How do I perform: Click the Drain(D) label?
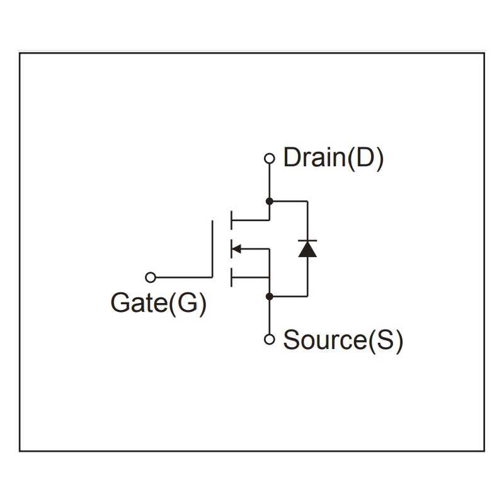(x=333, y=157)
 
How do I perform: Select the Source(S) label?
(x=343, y=340)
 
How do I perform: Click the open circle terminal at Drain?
(x=270, y=158)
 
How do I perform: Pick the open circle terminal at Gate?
(x=150, y=277)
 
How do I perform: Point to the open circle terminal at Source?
(x=270, y=340)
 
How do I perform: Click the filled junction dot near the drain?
(x=270, y=202)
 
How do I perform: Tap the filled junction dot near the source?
(x=270, y=295)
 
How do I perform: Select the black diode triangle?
(x=307, y=249)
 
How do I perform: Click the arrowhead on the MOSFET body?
(x=237, y=249)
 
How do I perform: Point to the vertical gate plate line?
(x=213, y=249)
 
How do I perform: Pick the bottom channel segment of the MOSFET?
(x=231, y=277)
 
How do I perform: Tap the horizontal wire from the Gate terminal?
(x=183, y=277)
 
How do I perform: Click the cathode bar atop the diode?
(x=307, y=241)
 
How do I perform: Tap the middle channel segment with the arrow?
(x=231, y=249)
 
